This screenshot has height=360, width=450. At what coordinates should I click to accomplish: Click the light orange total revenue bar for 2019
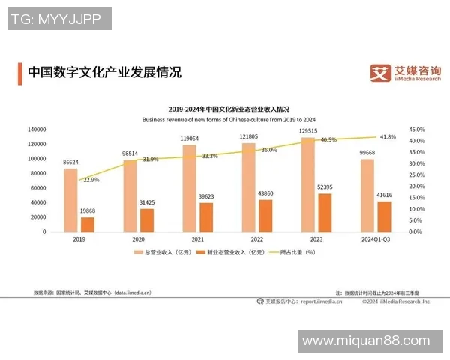(x=70, y=200)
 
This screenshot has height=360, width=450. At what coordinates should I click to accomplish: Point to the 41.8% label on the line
(x=388, y=137)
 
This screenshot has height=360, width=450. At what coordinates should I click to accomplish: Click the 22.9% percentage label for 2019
(x=91, y=180)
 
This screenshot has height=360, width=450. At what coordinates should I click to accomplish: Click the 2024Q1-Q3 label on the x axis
(x=374, y=239)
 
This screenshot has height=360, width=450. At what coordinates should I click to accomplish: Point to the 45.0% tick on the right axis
(x=418, y=130)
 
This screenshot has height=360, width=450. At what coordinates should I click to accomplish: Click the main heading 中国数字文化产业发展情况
(x=104, y=73)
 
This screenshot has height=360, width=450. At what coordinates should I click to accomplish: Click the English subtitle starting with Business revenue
(x=229, y=119)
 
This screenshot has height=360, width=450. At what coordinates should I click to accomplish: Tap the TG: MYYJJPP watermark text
(x=58, y=19)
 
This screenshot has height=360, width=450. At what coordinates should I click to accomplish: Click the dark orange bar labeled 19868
(x=88, y=224)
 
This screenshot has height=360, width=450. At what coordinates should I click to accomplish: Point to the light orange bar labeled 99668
(x=366, y=196)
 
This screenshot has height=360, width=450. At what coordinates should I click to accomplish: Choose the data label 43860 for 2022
(x=265, y=194)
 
